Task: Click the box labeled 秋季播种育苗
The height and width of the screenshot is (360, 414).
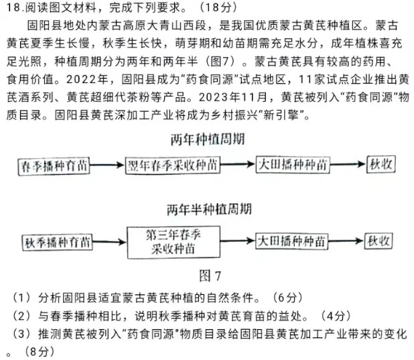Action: pos(57,243)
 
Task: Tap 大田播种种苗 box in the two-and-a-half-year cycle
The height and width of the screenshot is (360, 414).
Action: pos(293,242)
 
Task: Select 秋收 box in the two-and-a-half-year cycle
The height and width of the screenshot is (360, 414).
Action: pos(378,242)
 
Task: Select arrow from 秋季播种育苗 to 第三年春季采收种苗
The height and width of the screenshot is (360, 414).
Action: pos(110,243)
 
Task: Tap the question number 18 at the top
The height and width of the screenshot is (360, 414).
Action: pos(13,9)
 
